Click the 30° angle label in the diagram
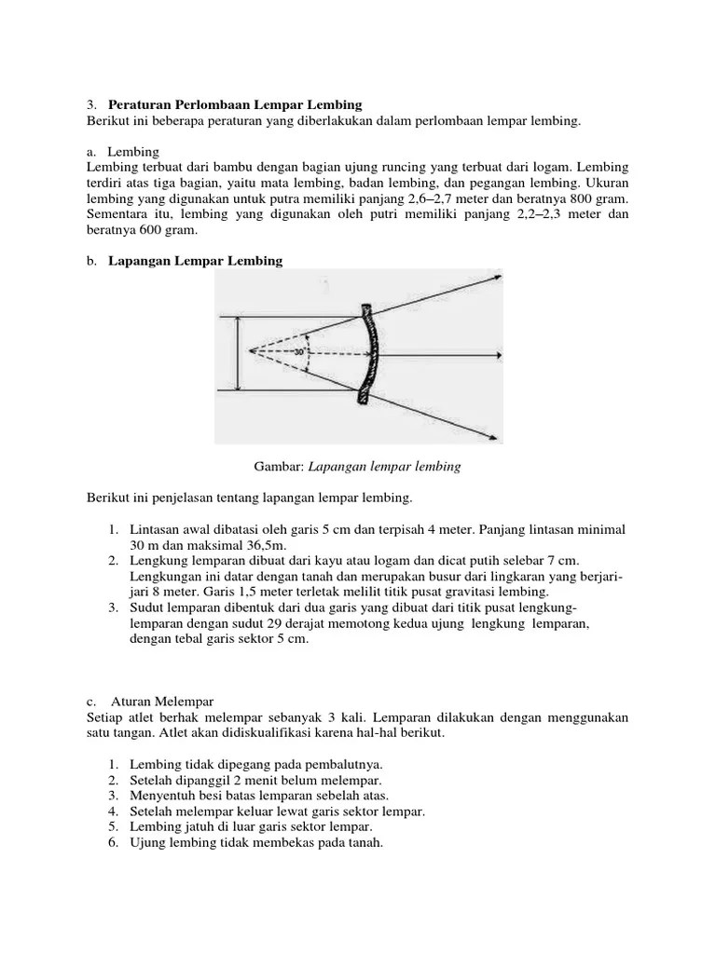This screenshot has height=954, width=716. tap(299, 352)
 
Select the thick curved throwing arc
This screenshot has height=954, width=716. tap(368, 354)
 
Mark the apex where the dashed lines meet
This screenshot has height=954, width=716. tap(251, 351)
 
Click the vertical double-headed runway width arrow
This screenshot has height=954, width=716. tap(237, 354)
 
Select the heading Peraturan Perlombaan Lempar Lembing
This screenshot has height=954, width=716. tap(235, 104)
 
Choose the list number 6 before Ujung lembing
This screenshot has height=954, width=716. tap(112, 843)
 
